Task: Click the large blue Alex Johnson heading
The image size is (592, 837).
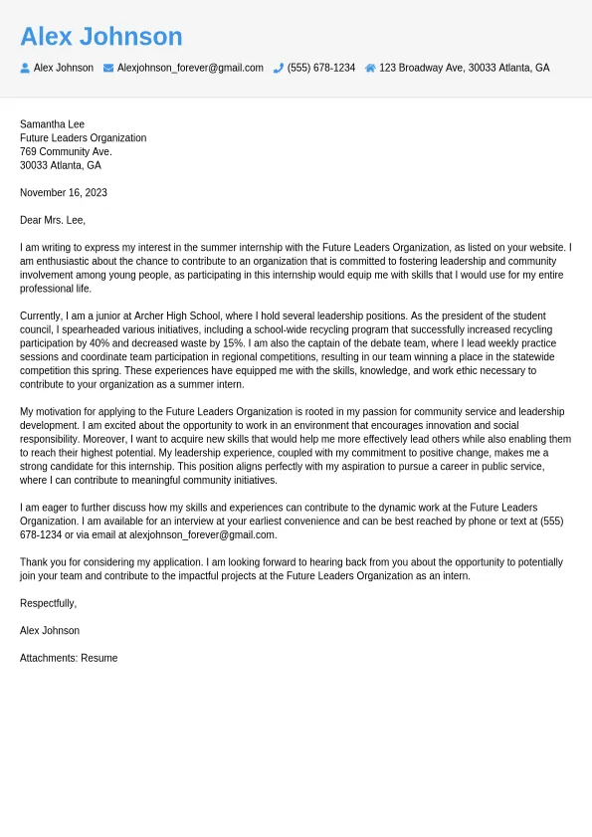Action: click(101, 37)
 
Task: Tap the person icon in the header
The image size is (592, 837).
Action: click(25, 68)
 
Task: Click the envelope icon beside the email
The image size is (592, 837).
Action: click(108, 68)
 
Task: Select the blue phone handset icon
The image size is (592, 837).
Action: click(279, 68)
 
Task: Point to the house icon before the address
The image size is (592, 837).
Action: click(370, 68)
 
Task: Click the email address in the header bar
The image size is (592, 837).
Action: click(190, 68)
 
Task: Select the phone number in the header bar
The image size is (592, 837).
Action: click(321, 68)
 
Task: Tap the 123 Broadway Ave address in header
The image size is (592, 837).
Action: click(464, 68)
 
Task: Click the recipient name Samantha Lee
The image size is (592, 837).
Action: click(52, 124)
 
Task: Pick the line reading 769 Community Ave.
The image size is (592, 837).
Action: click(66, 151)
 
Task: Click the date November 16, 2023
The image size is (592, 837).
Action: click(64, 192)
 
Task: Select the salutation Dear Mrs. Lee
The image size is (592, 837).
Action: click(53, 220)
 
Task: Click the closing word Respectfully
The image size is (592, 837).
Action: click(48, 603)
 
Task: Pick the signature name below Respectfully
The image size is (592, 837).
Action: click(50, 630)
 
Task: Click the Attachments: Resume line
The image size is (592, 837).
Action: click(69, 658)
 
